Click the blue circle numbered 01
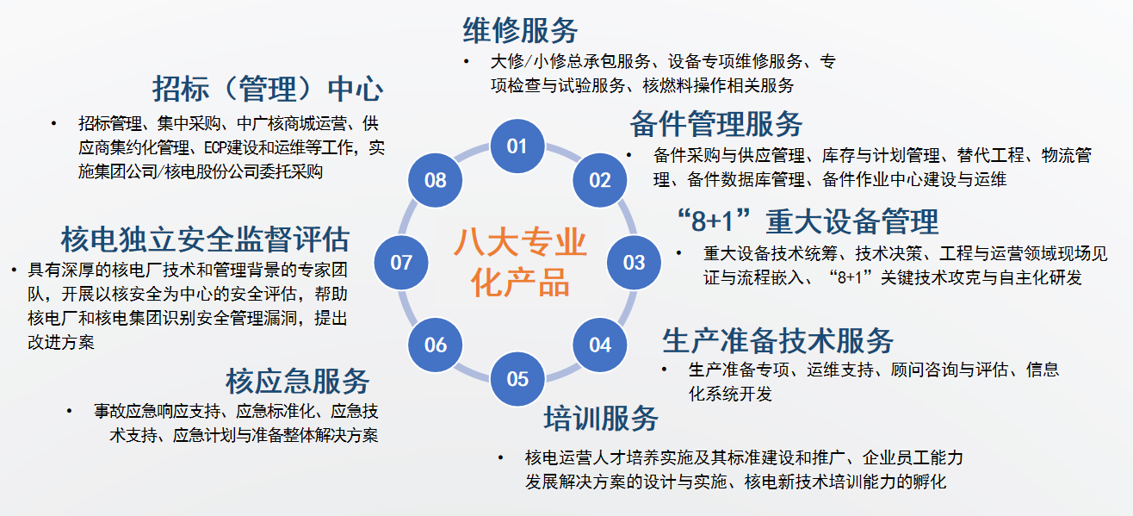click(517, 146)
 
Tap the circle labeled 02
click(600, 180)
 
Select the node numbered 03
click(634, 263)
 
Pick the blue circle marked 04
click(600, 345)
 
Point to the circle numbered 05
click(517, 379)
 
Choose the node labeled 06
click(435, 345)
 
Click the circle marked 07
click(401, 263)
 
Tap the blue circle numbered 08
click(435, 180)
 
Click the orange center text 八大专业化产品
click(520, 263)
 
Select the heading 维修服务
click(521, 30)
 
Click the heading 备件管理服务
click(716, 124)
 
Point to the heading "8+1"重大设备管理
click(808, 221)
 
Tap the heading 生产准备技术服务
click(778, 340)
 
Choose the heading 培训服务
click(602, 419)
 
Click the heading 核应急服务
click(298, 382)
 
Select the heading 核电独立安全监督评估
click(206, 239)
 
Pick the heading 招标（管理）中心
click(268, 89)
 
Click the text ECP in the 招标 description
click(215, 147)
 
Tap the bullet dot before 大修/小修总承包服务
click(467, 62)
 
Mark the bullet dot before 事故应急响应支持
click(69, 411)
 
